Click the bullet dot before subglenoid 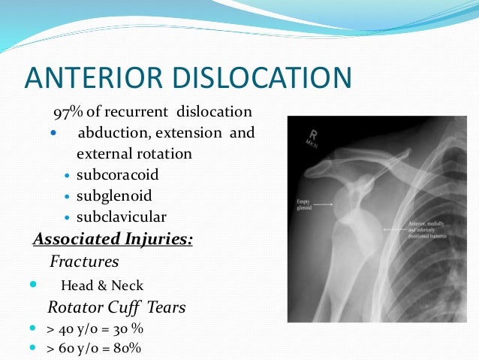(x=68, y=197)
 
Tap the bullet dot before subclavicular (x=68, y=218)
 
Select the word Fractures (x=85, y=262)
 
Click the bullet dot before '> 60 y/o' (x=31, y=349)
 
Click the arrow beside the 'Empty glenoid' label (x=323, y=203)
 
